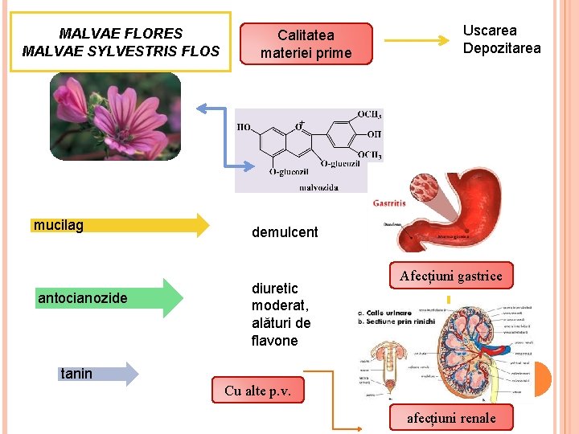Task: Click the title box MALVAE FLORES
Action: [x=121, y=42]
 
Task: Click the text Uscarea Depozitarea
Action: [x=502, y=39]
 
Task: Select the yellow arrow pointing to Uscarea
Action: [x=415, y=39]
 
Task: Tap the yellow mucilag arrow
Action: [x=121, y=225]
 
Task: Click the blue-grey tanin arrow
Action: [x=99, y=374]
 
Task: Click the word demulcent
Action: [x=285, y=232]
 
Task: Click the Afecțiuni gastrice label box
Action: [x=451, y=276]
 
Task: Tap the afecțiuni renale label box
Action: [x=450, y=418]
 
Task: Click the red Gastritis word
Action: [x=389, y=203]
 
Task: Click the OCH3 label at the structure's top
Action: [x=369, y=115]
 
